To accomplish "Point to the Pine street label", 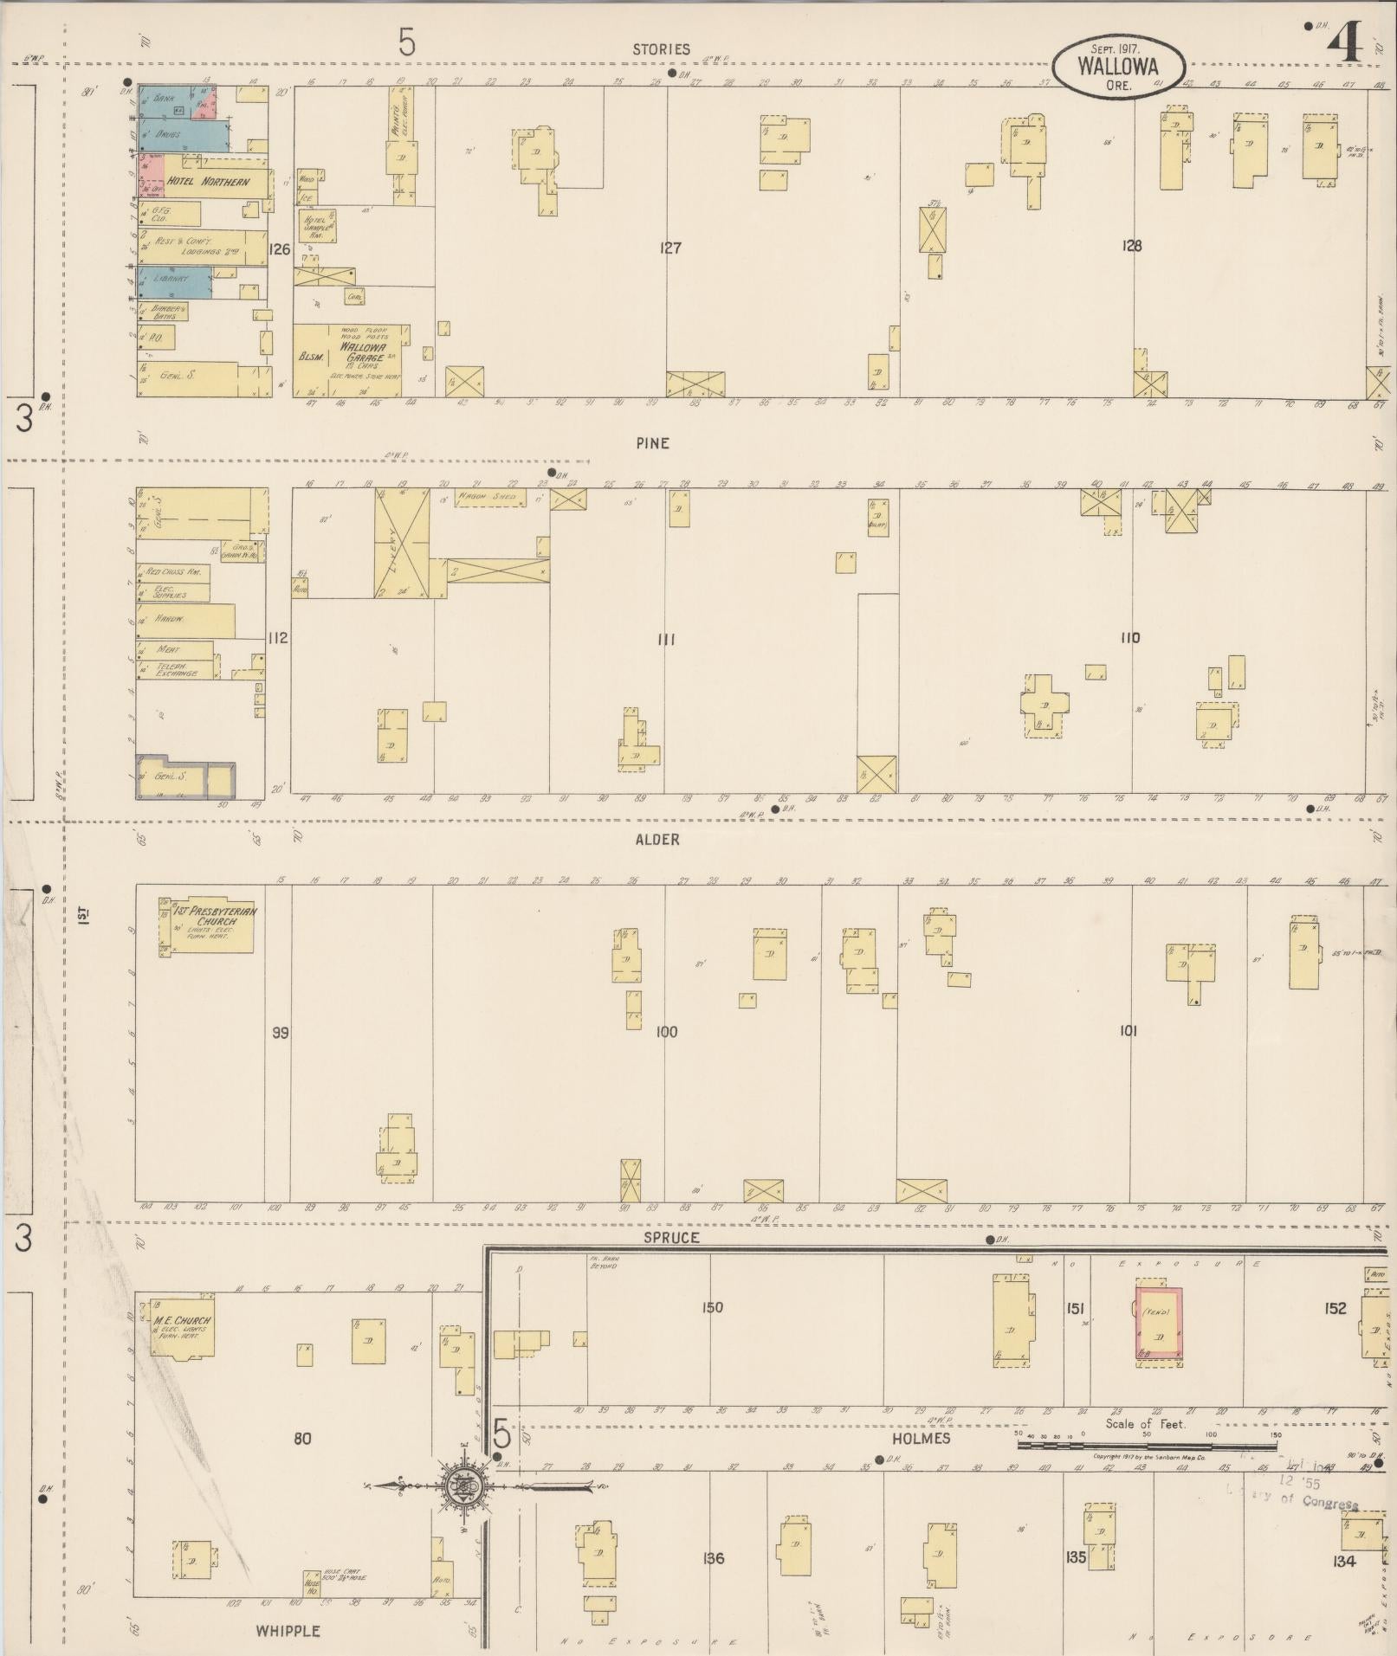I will (x=652, y=443).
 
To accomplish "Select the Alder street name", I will (x=657, y=839).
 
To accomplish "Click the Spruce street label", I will (x=671, y=1238).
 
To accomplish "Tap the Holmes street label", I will (x=920, y=1438).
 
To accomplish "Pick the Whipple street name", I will (x=288, y=1631).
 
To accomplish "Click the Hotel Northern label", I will (x=208, y=182).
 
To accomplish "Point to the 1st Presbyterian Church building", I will (x=208, y=925).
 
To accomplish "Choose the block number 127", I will (x=670, y=248).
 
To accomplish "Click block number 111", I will (x=665, y=640).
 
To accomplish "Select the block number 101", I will (x=1128, y=1031).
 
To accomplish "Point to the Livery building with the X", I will (x=402, y=543).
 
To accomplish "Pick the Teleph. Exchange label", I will (x=178, y=669).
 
